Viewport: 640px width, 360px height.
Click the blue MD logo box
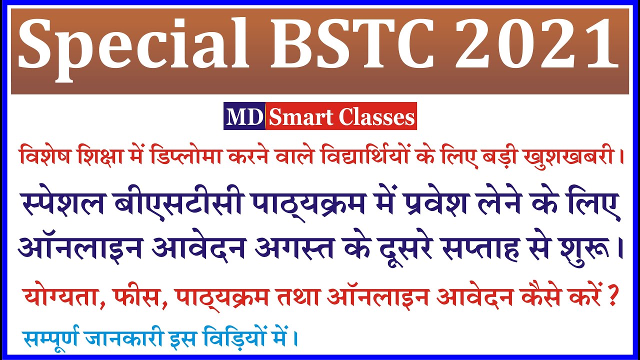click(x=244, y=117)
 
